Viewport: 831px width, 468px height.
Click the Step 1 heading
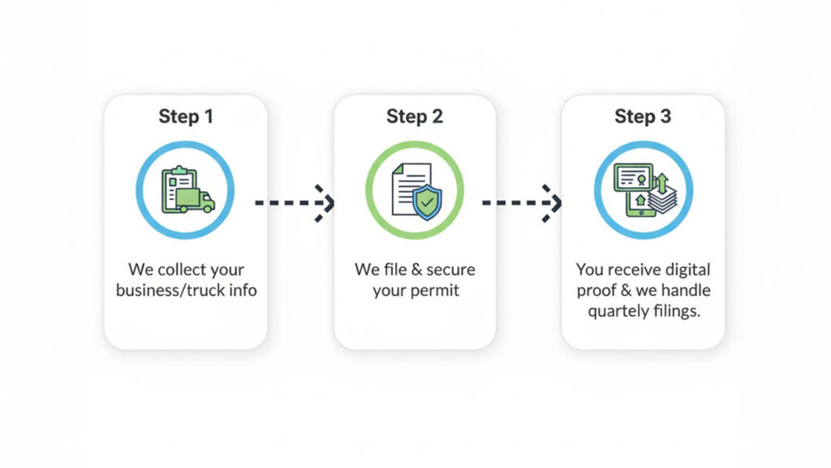[186, 116]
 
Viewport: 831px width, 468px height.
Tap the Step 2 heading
[415, 116]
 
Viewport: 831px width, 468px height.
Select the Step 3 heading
[643, 116]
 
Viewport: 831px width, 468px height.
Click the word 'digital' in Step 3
[687, 270]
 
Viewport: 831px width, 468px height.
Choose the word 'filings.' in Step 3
[675, 310]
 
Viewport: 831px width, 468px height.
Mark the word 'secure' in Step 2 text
[448, 270]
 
